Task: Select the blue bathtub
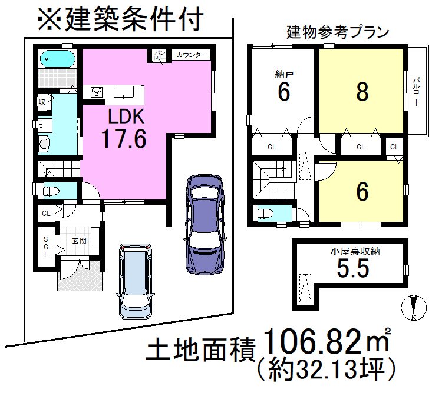[57, 59]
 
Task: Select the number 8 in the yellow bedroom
[362, 91]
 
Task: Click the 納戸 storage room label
[283, 75]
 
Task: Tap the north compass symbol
[414, 308]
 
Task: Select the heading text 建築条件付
[121, 19]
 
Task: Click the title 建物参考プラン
[338, 32]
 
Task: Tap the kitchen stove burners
[96, 91]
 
